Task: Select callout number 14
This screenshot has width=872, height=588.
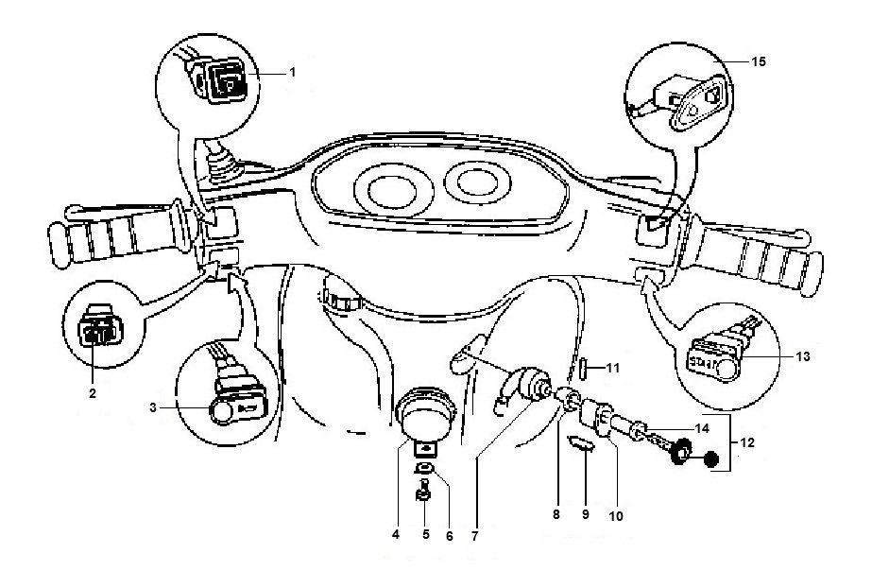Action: pyautogui.click(x=700, y=427)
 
